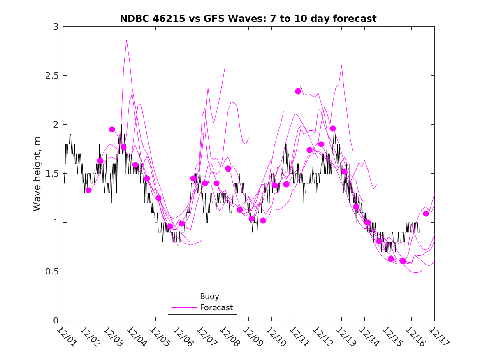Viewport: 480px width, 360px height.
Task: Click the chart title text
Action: point(248,19)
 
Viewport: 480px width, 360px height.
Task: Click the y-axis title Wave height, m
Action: point(37,174)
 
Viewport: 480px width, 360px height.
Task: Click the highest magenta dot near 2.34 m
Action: point(298,91)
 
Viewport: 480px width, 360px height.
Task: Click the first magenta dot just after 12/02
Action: point(88,190)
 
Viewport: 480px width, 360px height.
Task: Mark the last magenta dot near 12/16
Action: point(426,214)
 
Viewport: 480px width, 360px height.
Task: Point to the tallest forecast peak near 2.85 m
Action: point(126,40)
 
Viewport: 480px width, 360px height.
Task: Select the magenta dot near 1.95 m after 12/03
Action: point(112,129)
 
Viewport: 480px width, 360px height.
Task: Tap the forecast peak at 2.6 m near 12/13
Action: point(341,66)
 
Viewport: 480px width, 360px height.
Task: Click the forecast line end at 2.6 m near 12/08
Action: point(225,66)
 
